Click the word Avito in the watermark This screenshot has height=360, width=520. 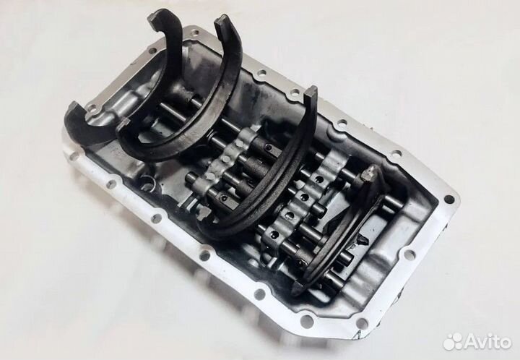point(487,342)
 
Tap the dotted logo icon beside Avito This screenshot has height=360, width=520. point(453,342)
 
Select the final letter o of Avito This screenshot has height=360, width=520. point(505,343)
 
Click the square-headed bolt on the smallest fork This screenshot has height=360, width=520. point(368,173)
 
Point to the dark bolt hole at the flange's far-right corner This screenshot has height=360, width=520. point(448,200)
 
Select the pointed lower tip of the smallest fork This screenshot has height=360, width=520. point(296,289)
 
